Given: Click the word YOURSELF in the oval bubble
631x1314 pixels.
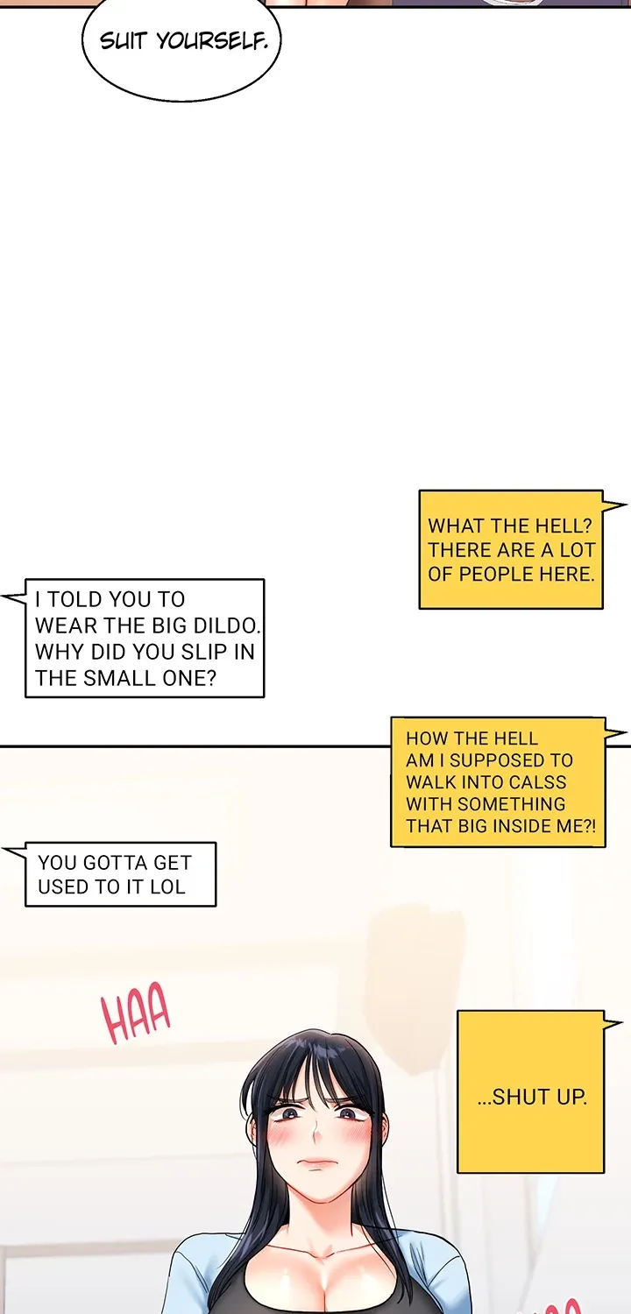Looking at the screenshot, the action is (212, 41).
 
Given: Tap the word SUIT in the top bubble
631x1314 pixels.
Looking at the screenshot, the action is (123, 41).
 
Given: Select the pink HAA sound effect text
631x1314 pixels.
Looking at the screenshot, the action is (136, 1013).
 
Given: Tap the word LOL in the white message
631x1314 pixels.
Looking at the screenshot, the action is (167, 887).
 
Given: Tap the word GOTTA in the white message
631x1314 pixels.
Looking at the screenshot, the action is (107, 862).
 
